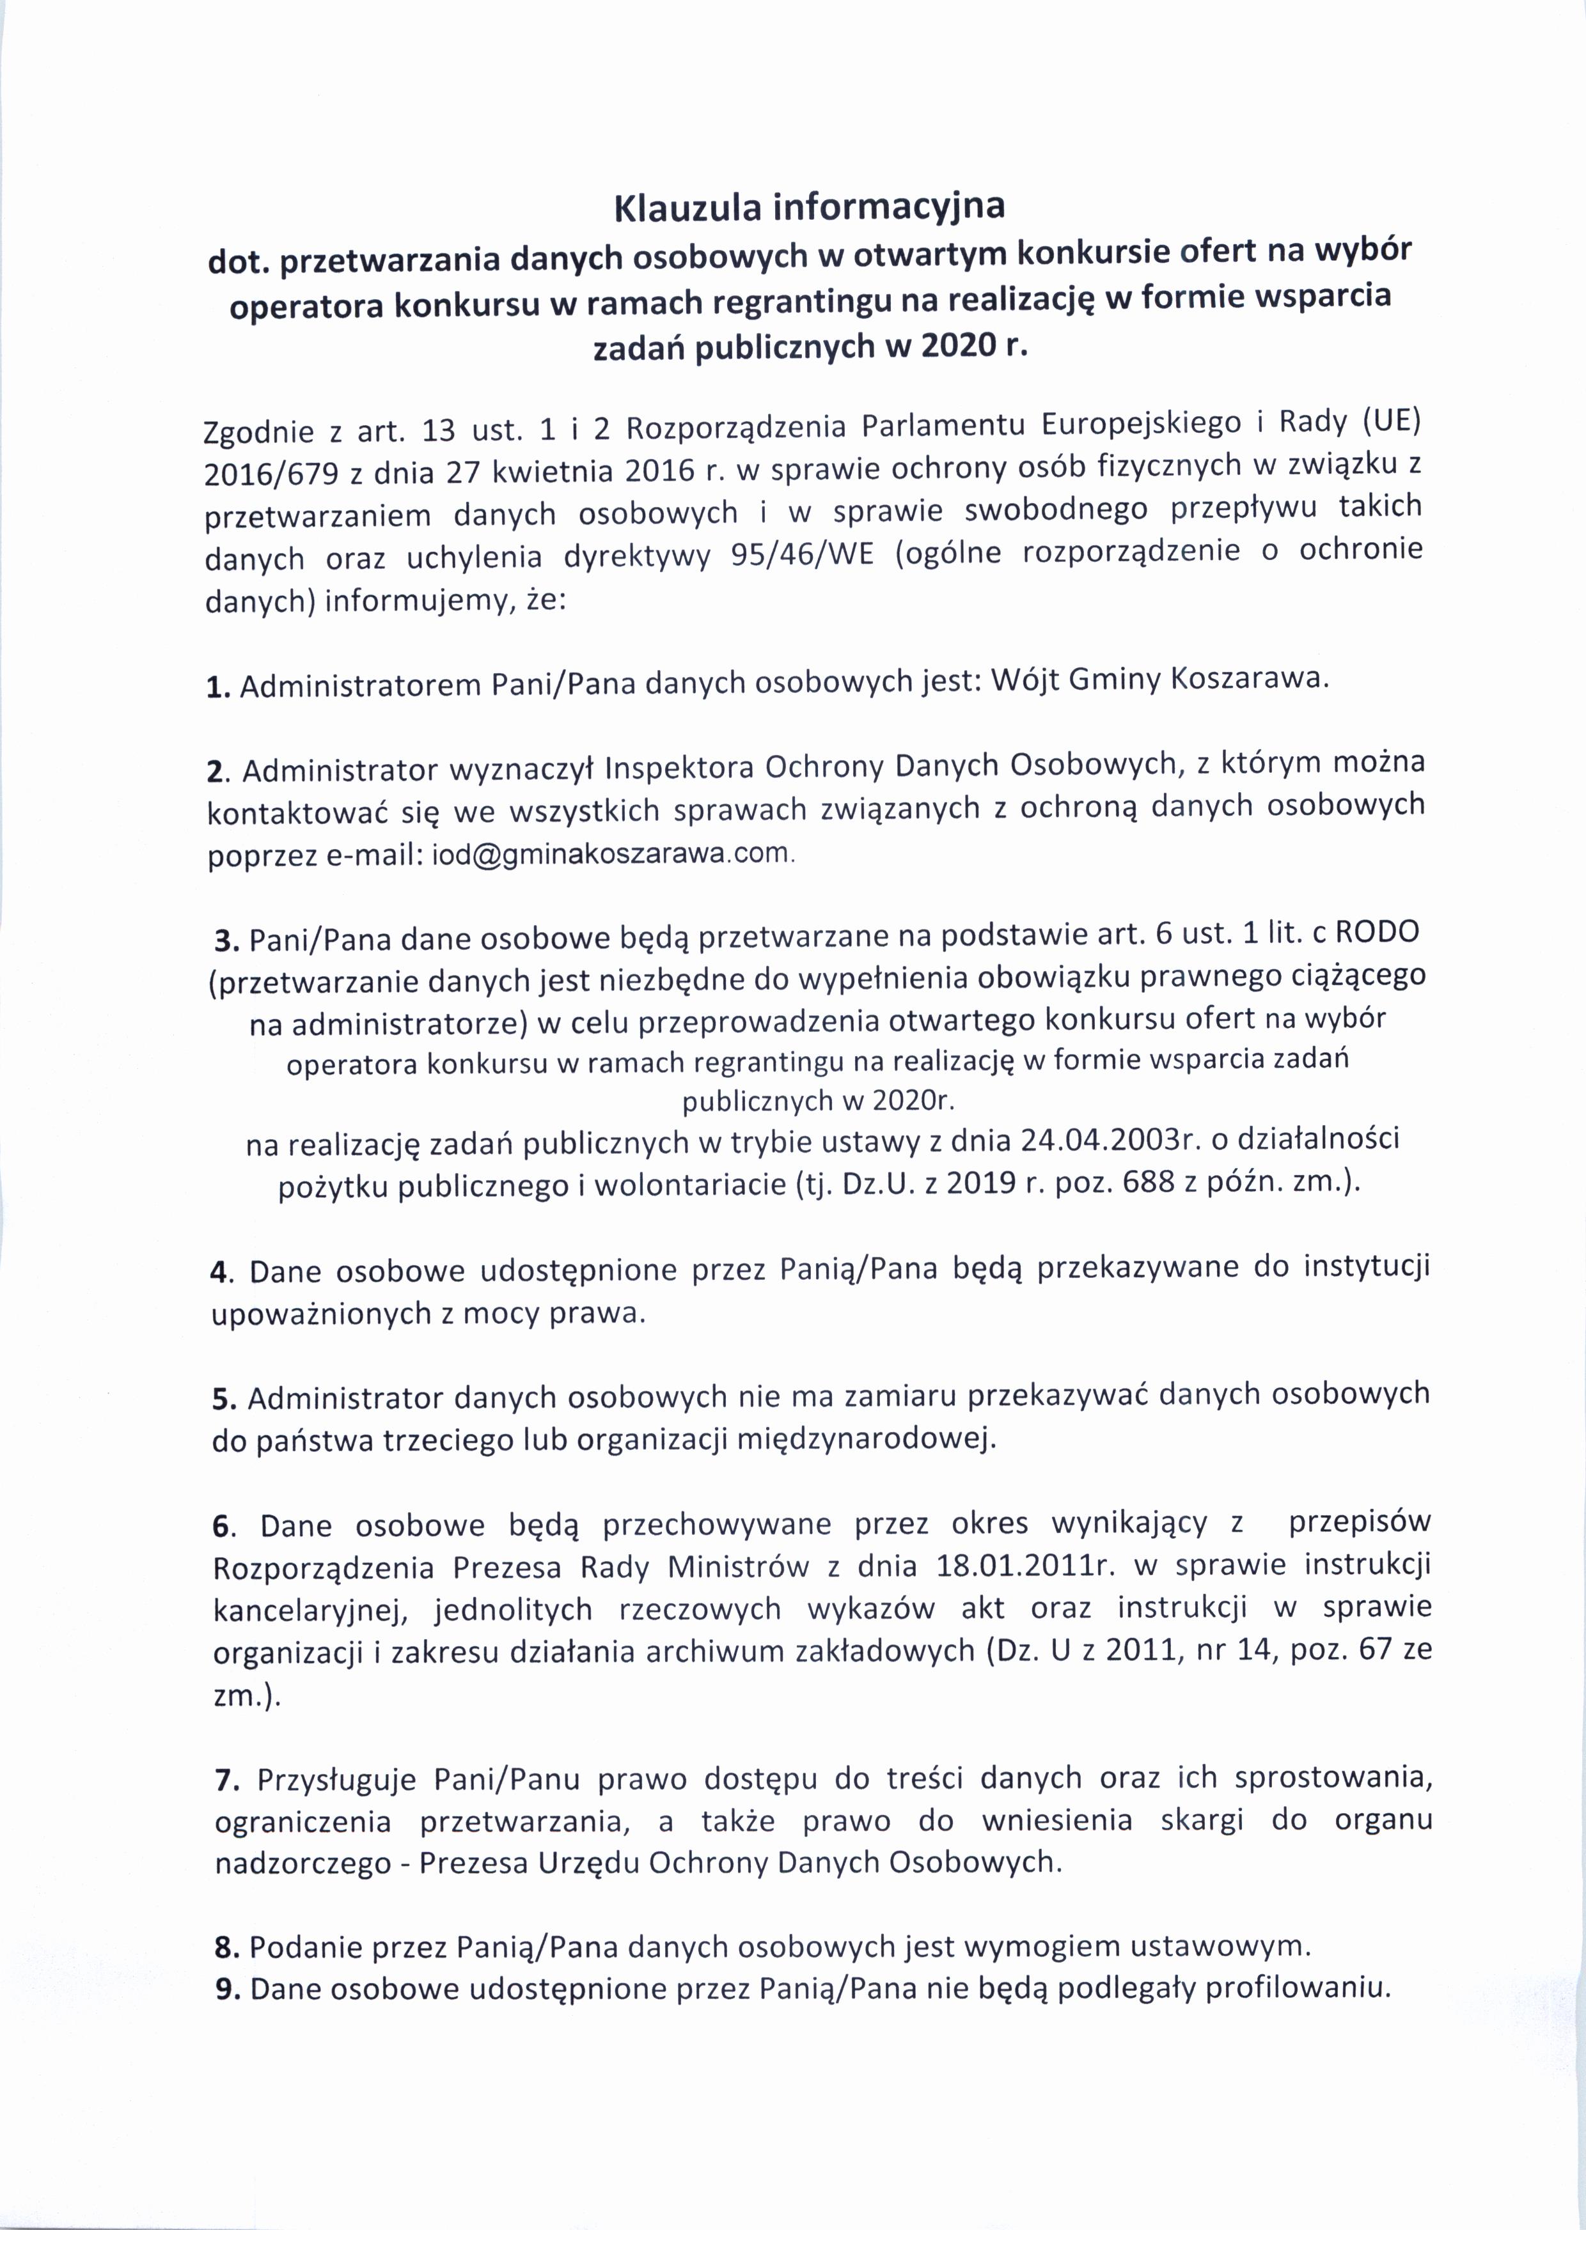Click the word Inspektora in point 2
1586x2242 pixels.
680,768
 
